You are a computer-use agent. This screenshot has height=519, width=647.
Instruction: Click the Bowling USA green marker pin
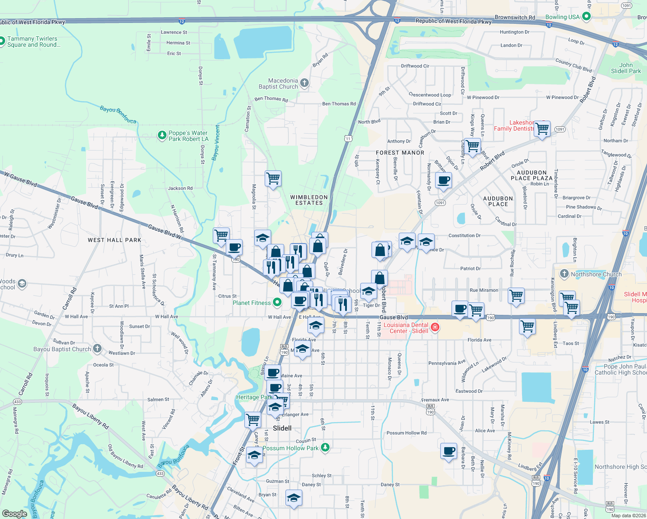coord(586,16)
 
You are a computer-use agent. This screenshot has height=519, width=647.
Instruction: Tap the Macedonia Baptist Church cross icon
coord(304,83)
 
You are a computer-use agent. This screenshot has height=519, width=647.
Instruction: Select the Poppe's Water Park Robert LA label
coord(189,136)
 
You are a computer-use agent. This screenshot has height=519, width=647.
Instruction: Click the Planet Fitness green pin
coord(277,302)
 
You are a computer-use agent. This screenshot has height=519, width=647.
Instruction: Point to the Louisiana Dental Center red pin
coord(435,327)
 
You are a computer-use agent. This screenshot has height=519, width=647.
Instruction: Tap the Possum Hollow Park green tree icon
coord(325,447)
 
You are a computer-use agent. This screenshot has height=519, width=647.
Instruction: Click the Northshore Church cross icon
coord(564,274)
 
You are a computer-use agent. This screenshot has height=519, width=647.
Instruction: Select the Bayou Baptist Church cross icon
coord(97,348)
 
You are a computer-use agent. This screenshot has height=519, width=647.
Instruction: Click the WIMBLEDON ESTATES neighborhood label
coord(309,200)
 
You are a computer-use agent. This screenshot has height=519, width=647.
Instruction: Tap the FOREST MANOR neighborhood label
coord(400,153)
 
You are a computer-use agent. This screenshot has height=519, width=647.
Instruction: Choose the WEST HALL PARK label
coord(115,240)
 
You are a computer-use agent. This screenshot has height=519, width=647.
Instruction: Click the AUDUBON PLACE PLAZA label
coord(532,175)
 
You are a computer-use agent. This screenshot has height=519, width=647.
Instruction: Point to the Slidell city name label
coord(282,428)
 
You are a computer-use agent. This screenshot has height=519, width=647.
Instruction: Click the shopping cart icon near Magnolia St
coord(273,178)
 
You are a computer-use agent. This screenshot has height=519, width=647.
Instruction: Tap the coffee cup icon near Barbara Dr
coord(449,451)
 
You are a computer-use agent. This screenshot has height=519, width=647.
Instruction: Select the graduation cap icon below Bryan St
coord(294,498)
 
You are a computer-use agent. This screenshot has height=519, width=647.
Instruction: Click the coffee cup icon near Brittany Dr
coord(443,180)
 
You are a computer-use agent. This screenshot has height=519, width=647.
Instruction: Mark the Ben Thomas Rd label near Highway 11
coord(339,104)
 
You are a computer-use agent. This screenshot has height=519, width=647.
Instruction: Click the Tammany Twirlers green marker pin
coord(2,42)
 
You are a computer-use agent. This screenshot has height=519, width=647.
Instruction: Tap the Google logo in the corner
coord(15,513)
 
